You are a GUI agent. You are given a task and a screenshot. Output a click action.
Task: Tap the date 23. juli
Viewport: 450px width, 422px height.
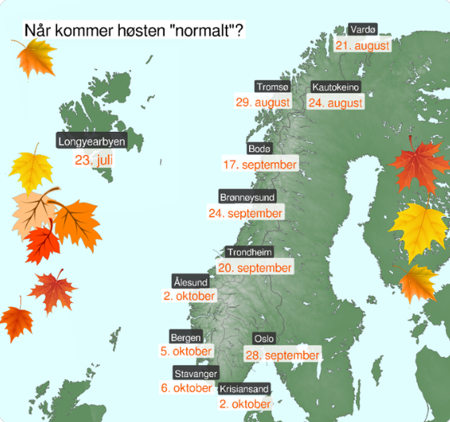pyautogui.click(x=94, y=159)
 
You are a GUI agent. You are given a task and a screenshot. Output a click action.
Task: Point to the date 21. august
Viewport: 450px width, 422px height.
pyautogui.click(x=362, y=46)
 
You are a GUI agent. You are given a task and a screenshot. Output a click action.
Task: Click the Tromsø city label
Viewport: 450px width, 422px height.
pyautogui.click(x=272, y=87)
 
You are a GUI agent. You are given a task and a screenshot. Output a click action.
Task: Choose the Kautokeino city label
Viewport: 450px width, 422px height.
pyautogui.click(x=336, y=87)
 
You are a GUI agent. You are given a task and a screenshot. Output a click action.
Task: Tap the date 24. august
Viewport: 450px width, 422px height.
pyautogui.click(x=336, y=103)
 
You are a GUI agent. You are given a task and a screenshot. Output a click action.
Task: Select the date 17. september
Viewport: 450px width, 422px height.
pyautogui.click(x=260, y=165)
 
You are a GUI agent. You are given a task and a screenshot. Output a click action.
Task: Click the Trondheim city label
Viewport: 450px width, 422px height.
pyautogui.click(x=249, y=251)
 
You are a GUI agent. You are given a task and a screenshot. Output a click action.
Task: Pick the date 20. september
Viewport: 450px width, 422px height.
pyautogui.click(x=255, y=267)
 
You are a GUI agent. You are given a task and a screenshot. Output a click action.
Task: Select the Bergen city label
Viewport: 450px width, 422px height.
pyautogui.click(x=186, y=337)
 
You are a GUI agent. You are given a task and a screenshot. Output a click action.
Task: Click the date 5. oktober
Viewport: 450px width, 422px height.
pyautogui.click(x=186, y=351)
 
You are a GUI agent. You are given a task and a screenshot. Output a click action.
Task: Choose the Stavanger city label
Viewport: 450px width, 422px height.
pyautogui.click(x=194, y=373)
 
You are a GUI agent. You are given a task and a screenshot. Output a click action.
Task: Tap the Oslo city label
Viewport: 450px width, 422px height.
pyautogui.click(x=264, y=338)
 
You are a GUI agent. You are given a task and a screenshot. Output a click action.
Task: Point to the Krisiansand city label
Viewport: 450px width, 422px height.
pyautogui.click(x=243, y=389)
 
